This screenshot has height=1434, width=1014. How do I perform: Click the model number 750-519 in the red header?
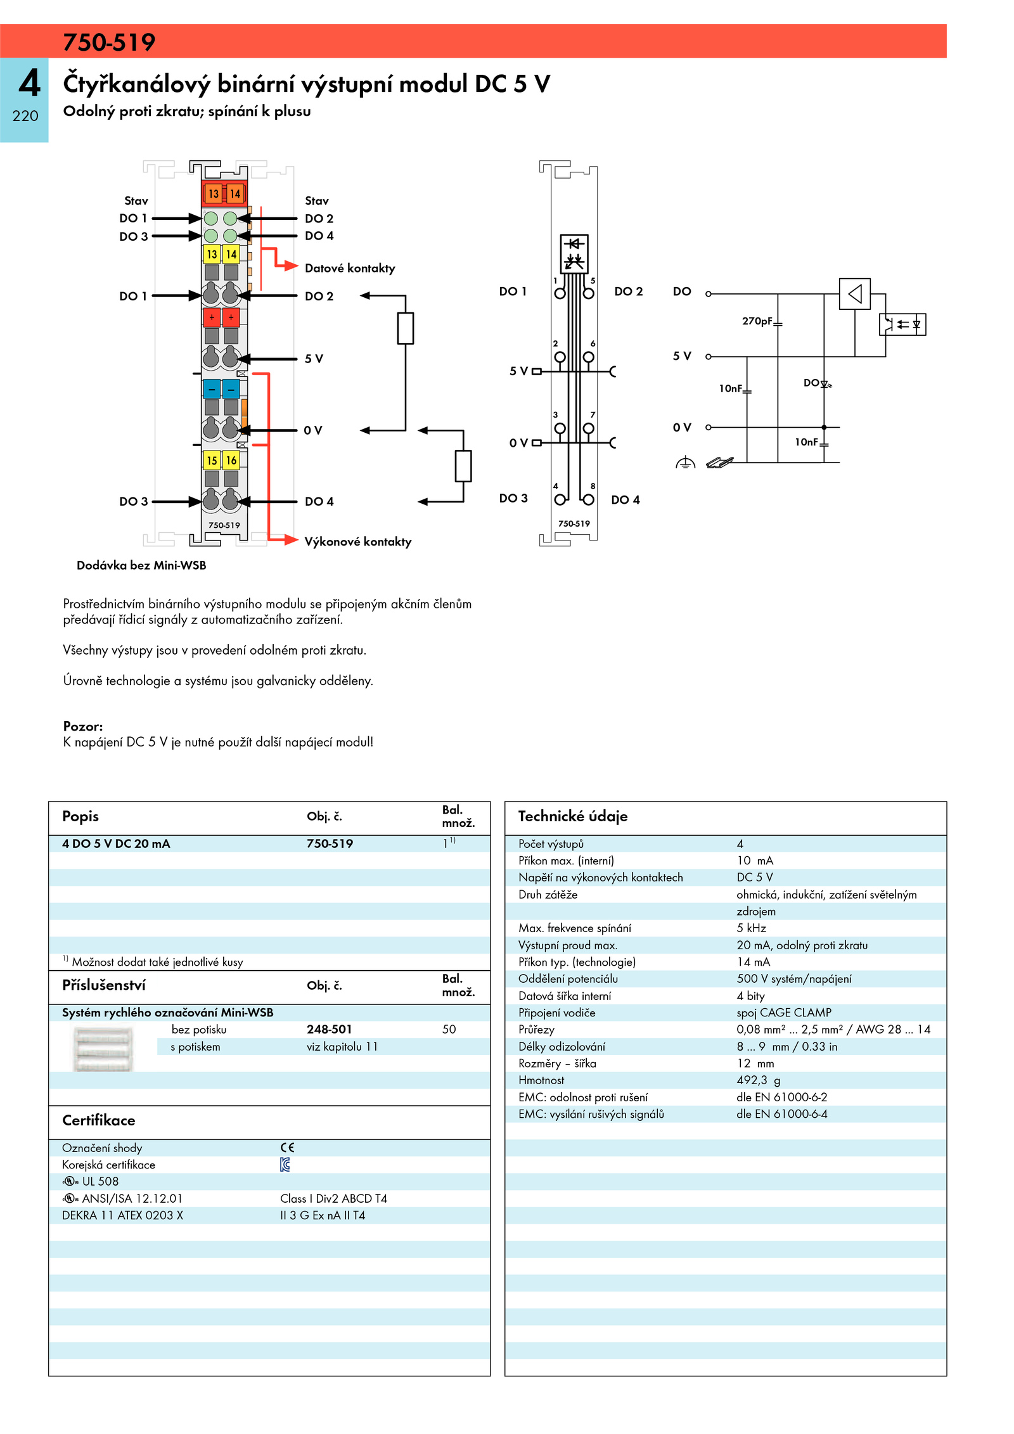click(x=109, y=42)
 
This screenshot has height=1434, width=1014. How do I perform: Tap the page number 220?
click(x=25, y=116)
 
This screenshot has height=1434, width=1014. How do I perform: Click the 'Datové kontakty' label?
click(x=350, y=268)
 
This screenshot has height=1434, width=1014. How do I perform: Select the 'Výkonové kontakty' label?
click(x=358, y=542)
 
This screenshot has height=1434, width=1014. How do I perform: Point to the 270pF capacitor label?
click(x=757, y=321)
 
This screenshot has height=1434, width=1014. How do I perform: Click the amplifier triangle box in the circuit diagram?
click(x=854, y=293)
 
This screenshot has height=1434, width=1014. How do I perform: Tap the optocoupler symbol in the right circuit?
click(x=902, y=324)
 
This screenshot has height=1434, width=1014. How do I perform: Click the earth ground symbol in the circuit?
click(x=685, y=463)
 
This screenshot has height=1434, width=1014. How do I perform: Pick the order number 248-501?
click(x=329, y=1030)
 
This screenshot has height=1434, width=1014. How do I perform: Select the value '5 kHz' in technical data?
click(x=751, y=928)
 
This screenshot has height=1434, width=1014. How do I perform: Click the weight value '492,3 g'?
click(x=758, y=1080)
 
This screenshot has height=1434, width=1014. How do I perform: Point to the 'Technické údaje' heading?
click(x=573, y=816)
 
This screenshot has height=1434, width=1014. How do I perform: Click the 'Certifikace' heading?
click(x=99, y=1120)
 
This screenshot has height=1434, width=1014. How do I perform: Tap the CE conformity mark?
click(x=287, y=1148)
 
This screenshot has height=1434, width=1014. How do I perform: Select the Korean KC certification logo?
click(x=285, y=1164)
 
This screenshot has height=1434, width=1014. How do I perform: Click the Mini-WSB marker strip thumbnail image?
click(x=103, y=1049)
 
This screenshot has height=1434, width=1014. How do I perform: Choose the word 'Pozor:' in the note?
click(x=83, y=726)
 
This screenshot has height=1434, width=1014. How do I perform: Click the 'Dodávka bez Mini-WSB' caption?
click(x=141, y=565)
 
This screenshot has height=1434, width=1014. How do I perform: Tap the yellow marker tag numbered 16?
click(x=231, y=460)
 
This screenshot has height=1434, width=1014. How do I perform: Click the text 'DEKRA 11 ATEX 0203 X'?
click(x=122, y=1215)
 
